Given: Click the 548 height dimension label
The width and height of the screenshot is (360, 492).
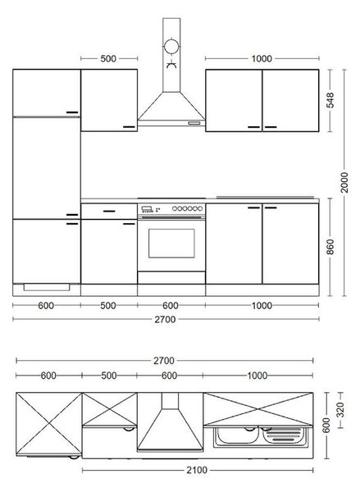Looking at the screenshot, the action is pyautogui.click(x=330, y=100).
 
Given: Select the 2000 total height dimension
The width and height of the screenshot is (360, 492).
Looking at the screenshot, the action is pyautogui.click(x=344, y=182).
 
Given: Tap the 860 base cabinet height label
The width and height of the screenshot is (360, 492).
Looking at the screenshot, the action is pyautogui.click(x=330, y=247).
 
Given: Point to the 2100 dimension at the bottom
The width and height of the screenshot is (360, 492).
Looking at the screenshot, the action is pyautogui.click(x=197, y=470).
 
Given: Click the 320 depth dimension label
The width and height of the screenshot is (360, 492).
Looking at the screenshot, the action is pyautogui.click(x=340, y=410).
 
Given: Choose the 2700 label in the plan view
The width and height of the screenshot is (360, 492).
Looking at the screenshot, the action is pyautogui.click(x=163, y=361).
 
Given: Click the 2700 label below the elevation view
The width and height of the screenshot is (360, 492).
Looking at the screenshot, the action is pyautogui.click(x=165, y=320).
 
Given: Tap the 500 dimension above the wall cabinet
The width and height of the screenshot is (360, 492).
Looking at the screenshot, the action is pyautogui.click(x=108, y=59).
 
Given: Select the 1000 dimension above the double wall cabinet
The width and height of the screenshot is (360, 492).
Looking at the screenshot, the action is pyautogui.click(x=262, y=59).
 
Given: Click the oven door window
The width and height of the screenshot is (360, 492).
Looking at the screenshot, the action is pyautogui.click(x=171, y=244).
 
